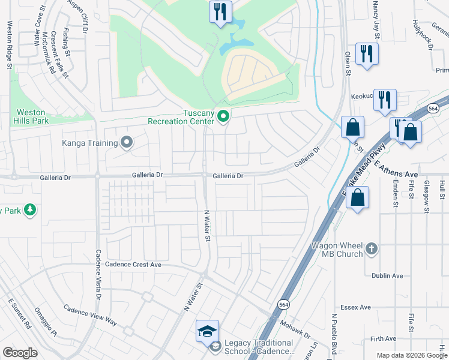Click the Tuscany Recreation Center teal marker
(x=223, y=116)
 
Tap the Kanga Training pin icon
(x=127, y=143)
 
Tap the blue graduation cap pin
(x=207, y=331)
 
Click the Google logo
(x=20, y=353)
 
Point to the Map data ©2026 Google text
(x=411, y=355)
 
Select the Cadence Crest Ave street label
(x=133, y=264)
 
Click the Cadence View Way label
(x=90, y=317)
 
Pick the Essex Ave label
(x=356, y=307)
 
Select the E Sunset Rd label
(x=19, y=313)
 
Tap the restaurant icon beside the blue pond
(x=220, y=11)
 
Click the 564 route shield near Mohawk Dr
(x=282, y=304)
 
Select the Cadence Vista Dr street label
(x=97, y=275)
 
